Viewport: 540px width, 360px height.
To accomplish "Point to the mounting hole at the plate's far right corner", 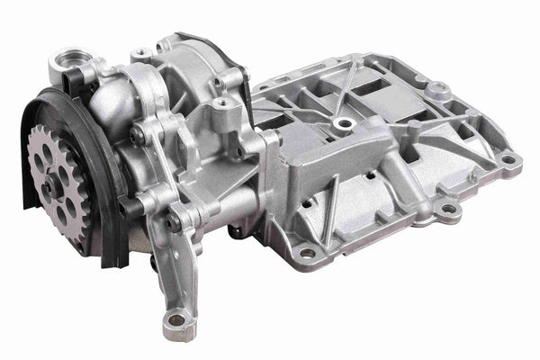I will pyautogui.click(x=509, y=160).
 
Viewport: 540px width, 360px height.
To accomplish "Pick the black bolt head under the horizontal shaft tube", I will pyautogui.click(x=238, y=229).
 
